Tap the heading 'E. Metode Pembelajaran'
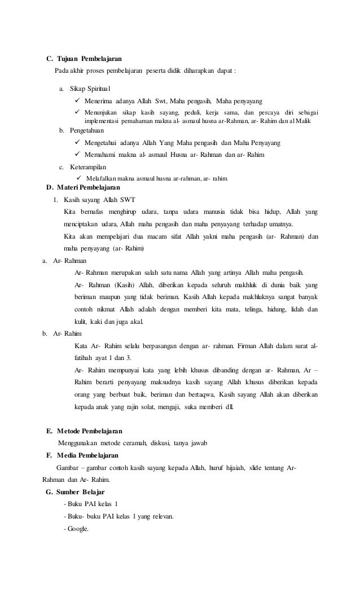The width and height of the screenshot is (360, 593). tap(84, 432)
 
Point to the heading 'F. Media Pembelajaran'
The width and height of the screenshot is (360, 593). tap(82, 456)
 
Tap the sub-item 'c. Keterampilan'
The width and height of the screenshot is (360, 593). tap(85, 168)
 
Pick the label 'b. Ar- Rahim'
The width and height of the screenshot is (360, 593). tap(58, 333)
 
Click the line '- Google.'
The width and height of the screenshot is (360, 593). tap(76, 529)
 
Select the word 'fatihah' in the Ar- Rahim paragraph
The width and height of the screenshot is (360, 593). tap(85, 358)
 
